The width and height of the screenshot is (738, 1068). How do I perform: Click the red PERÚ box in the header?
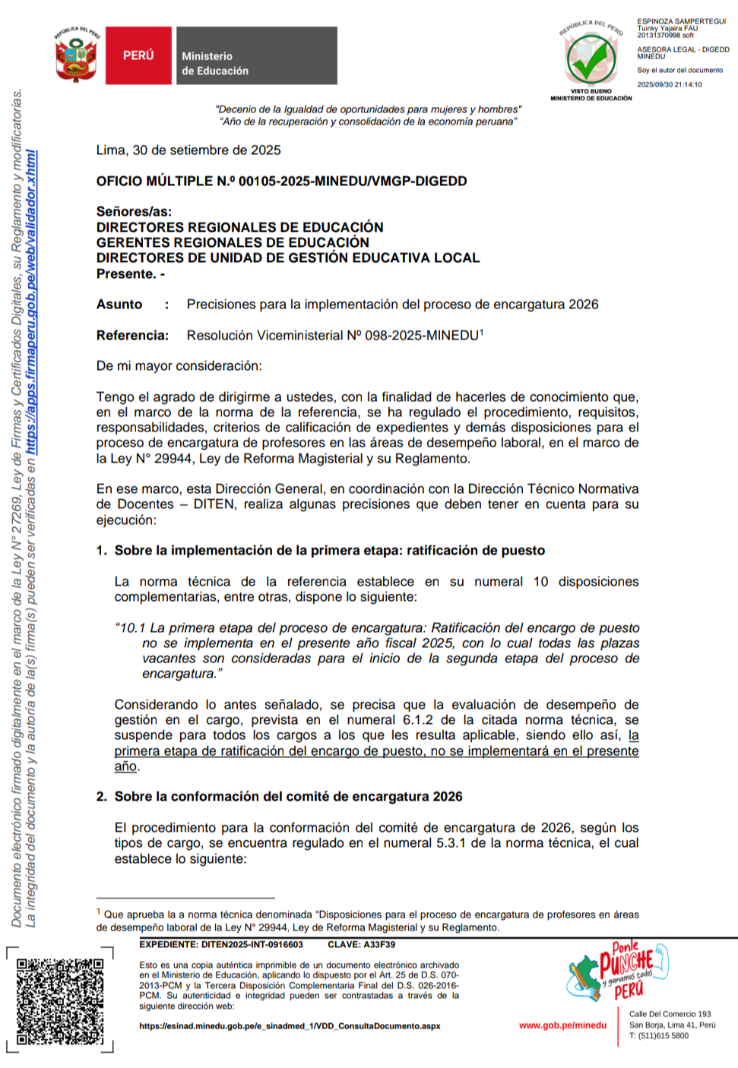tap(138, 55)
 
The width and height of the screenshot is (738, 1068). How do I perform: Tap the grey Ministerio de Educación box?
tap(257, 55)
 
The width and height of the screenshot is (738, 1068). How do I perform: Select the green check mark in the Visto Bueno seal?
tap(591, 61)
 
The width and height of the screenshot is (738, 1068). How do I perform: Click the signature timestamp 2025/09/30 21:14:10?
tap(669, 85)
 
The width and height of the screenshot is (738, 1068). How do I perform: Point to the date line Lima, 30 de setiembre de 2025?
tap(188, 150)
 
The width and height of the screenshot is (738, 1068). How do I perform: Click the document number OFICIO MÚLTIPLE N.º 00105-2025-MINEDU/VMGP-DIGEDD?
tap(281, 181)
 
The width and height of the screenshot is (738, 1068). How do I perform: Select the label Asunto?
tap(119, 305)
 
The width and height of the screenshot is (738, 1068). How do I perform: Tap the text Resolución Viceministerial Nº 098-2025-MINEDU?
tap(333, 335)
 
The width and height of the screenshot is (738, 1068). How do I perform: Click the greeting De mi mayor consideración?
tap(179, 366)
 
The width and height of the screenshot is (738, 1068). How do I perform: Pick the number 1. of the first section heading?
tap(102, 551)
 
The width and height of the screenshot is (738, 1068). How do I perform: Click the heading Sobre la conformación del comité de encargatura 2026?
tap(288, 797)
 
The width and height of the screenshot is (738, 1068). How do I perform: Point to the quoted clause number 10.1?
tap(133, 628)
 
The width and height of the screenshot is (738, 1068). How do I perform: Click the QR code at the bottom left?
tap(60, 1000)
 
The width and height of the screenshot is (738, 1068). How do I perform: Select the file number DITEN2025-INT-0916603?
tap(252, 945)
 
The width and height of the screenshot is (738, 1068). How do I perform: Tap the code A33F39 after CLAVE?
tap(379, 945)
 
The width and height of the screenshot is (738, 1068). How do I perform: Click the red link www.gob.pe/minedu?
tap(562, 1025)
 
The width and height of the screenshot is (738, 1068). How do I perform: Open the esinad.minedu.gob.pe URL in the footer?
tap(290, 1026)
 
